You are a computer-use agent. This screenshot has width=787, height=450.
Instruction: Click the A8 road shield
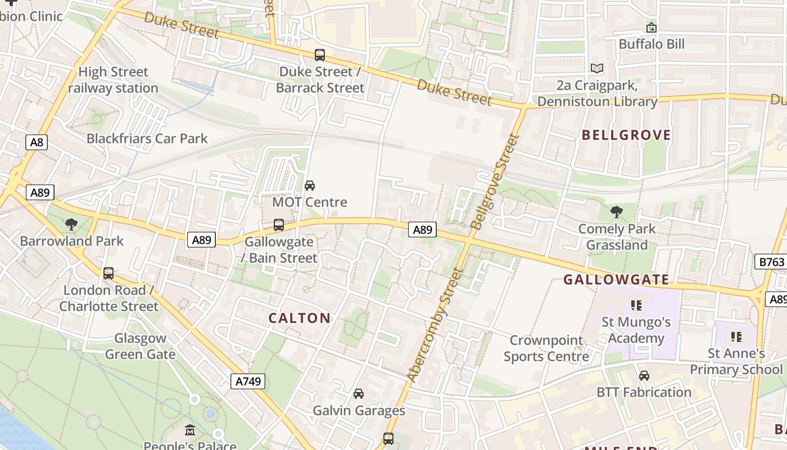(x=37, y=142)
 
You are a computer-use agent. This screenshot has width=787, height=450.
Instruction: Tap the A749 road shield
(x=248, y=381)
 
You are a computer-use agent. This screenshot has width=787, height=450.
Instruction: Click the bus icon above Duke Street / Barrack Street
(x=320, y=55)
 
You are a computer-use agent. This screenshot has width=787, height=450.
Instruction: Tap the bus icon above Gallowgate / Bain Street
(x=279, y=225)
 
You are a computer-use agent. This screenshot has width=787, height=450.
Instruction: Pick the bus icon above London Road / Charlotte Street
(x=108, y=273)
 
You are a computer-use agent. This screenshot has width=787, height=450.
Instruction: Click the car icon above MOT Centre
(x=310, y=185)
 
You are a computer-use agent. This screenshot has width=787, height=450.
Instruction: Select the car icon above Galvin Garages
(x=359, y=394)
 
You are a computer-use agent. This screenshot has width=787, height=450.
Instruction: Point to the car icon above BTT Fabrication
(x=644, y=375)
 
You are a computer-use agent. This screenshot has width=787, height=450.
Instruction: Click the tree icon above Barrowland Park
(x=71, y=224)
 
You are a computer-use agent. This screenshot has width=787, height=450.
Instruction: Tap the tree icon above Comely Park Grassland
(x=617, y=212)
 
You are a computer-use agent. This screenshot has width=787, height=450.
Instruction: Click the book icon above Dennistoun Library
(x=597, y=69)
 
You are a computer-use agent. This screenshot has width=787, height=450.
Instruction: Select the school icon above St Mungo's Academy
(x=636, y=305)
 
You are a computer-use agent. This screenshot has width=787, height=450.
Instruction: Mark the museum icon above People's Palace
(x=190, y=431)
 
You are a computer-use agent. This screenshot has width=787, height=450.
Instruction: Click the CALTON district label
(x=300, y=318)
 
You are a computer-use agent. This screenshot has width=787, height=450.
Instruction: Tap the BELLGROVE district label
(x=626, y=135)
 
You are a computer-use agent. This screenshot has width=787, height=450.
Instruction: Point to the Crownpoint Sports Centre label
(x=546, y=348)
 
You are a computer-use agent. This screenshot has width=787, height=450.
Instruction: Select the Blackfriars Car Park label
(x=147, y=138)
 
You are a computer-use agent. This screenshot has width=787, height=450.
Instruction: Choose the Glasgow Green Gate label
(x=140, y=346)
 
